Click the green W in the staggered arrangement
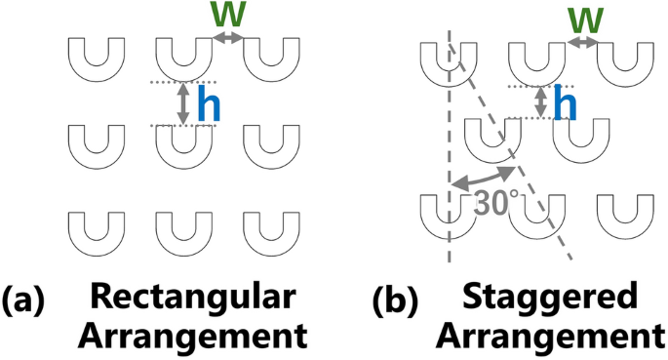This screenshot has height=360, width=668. pyautogui.click(x=583, y=20)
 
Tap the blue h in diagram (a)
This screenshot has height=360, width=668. pyautogui.click(x=207, y=104)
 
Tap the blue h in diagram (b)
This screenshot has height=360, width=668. pyautogui.click(x=560, y=102)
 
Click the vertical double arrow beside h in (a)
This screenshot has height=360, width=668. pyautogui.click(x=181, y=104)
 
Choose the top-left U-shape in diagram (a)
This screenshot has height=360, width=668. pyautogui.click(x=95, y=60)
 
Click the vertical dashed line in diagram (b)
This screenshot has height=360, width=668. pyautogui.click(x=449, y=146)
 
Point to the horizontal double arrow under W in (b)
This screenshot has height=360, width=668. pyautogui.click(x=583, y=43)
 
